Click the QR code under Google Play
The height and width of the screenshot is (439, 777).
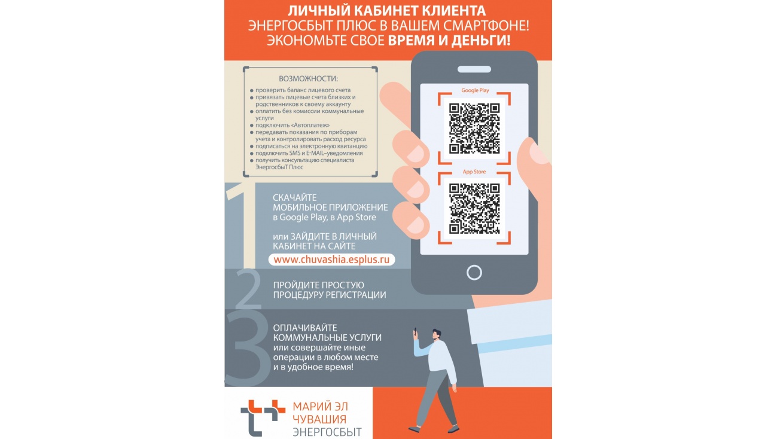coord(474,129)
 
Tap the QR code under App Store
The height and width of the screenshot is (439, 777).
coord(474,208)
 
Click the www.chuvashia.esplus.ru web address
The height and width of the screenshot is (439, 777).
coord(331,260)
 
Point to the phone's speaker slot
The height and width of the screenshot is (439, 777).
coord(474,69)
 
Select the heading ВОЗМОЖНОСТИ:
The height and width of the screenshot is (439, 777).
coord(308,79)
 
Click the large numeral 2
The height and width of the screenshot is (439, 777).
coord(248,289)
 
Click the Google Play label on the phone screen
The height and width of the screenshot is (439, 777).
coord(475,90)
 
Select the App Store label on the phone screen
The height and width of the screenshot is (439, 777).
coord(474,172)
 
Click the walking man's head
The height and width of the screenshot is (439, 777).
coord(436,334)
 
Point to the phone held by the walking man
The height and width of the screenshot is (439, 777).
coord(415,331)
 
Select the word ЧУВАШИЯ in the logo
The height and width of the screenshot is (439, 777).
coord(319,419)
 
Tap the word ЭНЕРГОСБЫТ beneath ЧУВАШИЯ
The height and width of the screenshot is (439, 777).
coord(327,432)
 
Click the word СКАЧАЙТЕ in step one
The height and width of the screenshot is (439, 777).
coord(294,197)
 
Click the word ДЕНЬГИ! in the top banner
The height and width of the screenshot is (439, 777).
coord(481,41)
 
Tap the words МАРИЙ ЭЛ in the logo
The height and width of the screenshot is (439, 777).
coord(320,407)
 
